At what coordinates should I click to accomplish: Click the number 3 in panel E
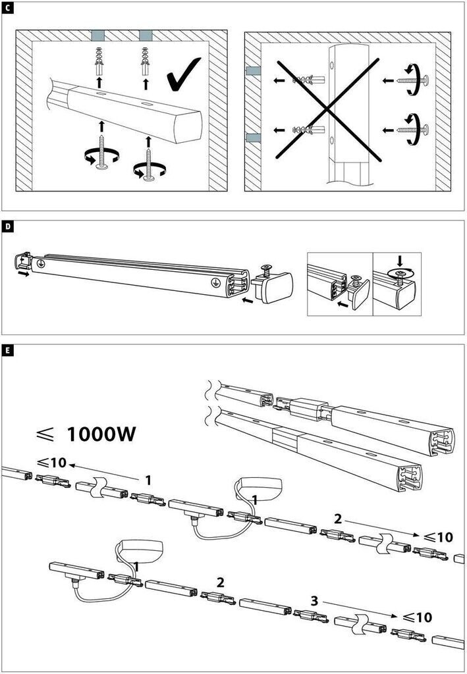tap(315, 600)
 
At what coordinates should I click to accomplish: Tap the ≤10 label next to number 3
tap(418, 617)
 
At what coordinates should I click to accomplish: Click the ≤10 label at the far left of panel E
tap(52, 462)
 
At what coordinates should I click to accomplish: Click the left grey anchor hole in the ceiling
tap(98, 34)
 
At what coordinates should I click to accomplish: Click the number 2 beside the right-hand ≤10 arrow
tap(338, 519)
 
